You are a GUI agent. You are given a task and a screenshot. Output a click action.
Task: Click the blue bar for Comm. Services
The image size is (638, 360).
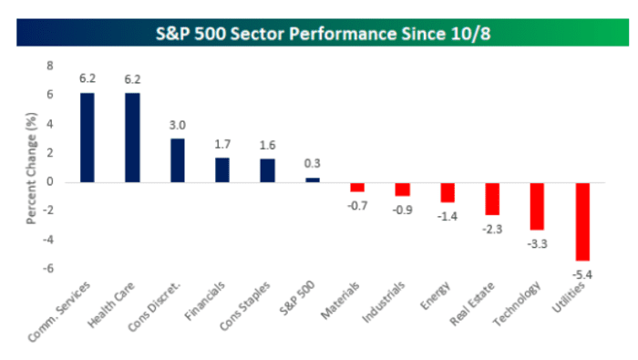(x=87, y=137)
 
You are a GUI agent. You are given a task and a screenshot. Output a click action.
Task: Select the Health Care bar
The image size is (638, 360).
(x=133, y=137)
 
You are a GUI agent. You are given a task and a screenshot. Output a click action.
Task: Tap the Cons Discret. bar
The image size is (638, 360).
(x=178, y=160)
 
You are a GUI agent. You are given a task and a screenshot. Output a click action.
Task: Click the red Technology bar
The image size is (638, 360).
(x=538, y=206)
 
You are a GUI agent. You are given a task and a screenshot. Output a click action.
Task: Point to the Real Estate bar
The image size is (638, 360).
(x=492, y=199)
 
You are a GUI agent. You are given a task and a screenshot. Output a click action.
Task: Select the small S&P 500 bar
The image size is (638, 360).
(x=313, y=180)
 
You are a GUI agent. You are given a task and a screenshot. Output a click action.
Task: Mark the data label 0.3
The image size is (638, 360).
(x=313, y=166)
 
